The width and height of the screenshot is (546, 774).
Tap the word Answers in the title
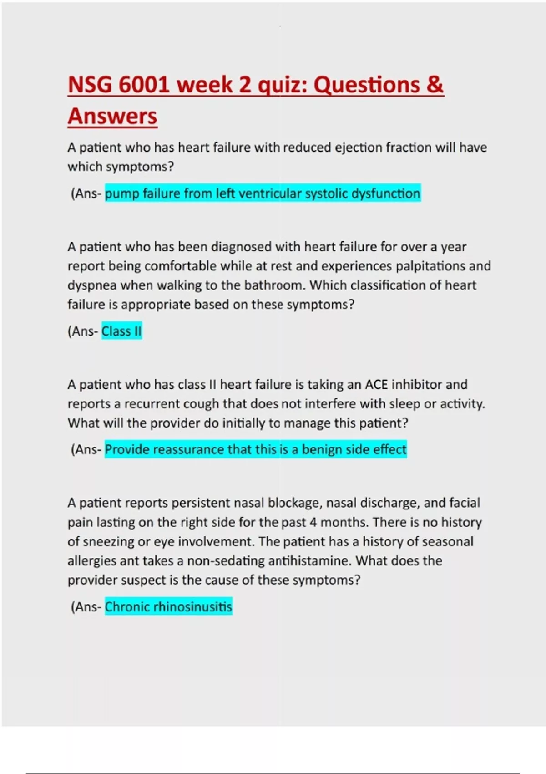click(112, 116)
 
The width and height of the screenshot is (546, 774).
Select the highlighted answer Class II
click(121, 331)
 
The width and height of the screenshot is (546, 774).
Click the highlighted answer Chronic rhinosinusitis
click(168, 607)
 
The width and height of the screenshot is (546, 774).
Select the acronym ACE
click(376, 385)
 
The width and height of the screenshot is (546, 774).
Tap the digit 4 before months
click(313, 522)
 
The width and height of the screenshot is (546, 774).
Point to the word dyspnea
click(92, 285)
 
